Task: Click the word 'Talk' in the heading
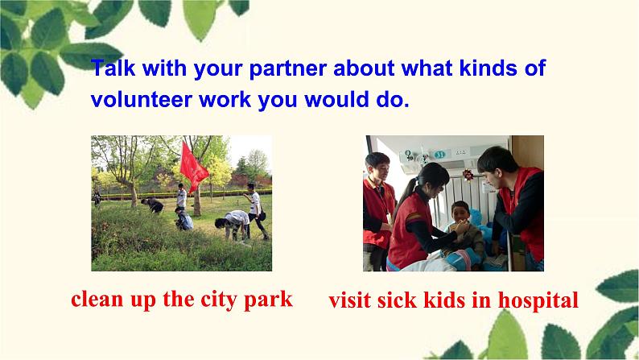click(x=112, y=68)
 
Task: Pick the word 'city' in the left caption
click(x=216, y=300)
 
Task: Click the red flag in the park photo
click(x=193, y=164)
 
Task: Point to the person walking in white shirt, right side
click(x=255, y=211)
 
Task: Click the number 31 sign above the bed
click(x=439, y=155)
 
